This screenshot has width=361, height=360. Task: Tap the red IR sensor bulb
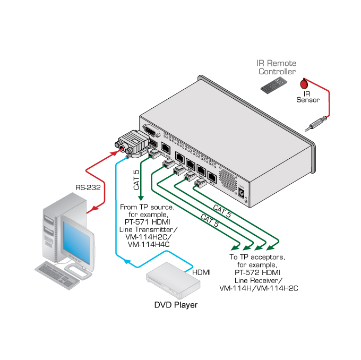coord(304,84)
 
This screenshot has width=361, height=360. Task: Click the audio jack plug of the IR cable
coord(314,125)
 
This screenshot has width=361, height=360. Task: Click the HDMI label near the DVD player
coord(201,272)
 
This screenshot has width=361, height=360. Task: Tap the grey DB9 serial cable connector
coord(129,142)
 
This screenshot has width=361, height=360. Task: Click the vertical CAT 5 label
coord(136,180)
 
